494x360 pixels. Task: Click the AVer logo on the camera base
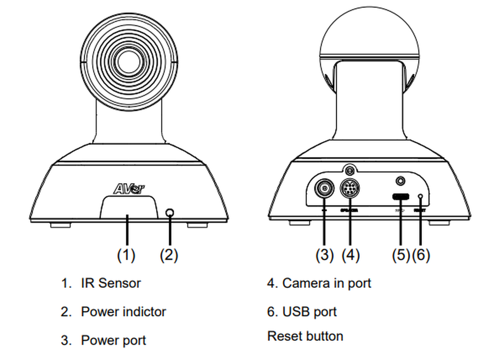pos(129,188)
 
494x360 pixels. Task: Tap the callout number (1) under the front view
pos(126,255)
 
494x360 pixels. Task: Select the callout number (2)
pos(169,255)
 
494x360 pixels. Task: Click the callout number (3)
pos(324,255)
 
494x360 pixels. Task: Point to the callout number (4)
pos(350,255)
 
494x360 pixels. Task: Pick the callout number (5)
pos(401,255)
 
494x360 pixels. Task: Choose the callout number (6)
pos(421,255)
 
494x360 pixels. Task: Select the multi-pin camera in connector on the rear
pos(350,189)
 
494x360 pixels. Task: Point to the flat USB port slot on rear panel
pos(401,197)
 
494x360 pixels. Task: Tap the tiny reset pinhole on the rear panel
pos(421,197)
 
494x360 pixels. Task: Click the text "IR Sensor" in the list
pos(111,283)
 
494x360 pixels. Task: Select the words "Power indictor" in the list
pos(123,312)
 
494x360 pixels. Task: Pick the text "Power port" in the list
pos(113,340)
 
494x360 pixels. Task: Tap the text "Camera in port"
pos(327,283)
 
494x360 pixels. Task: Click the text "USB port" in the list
pos(310,312)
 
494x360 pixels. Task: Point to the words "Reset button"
pos(305,336)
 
